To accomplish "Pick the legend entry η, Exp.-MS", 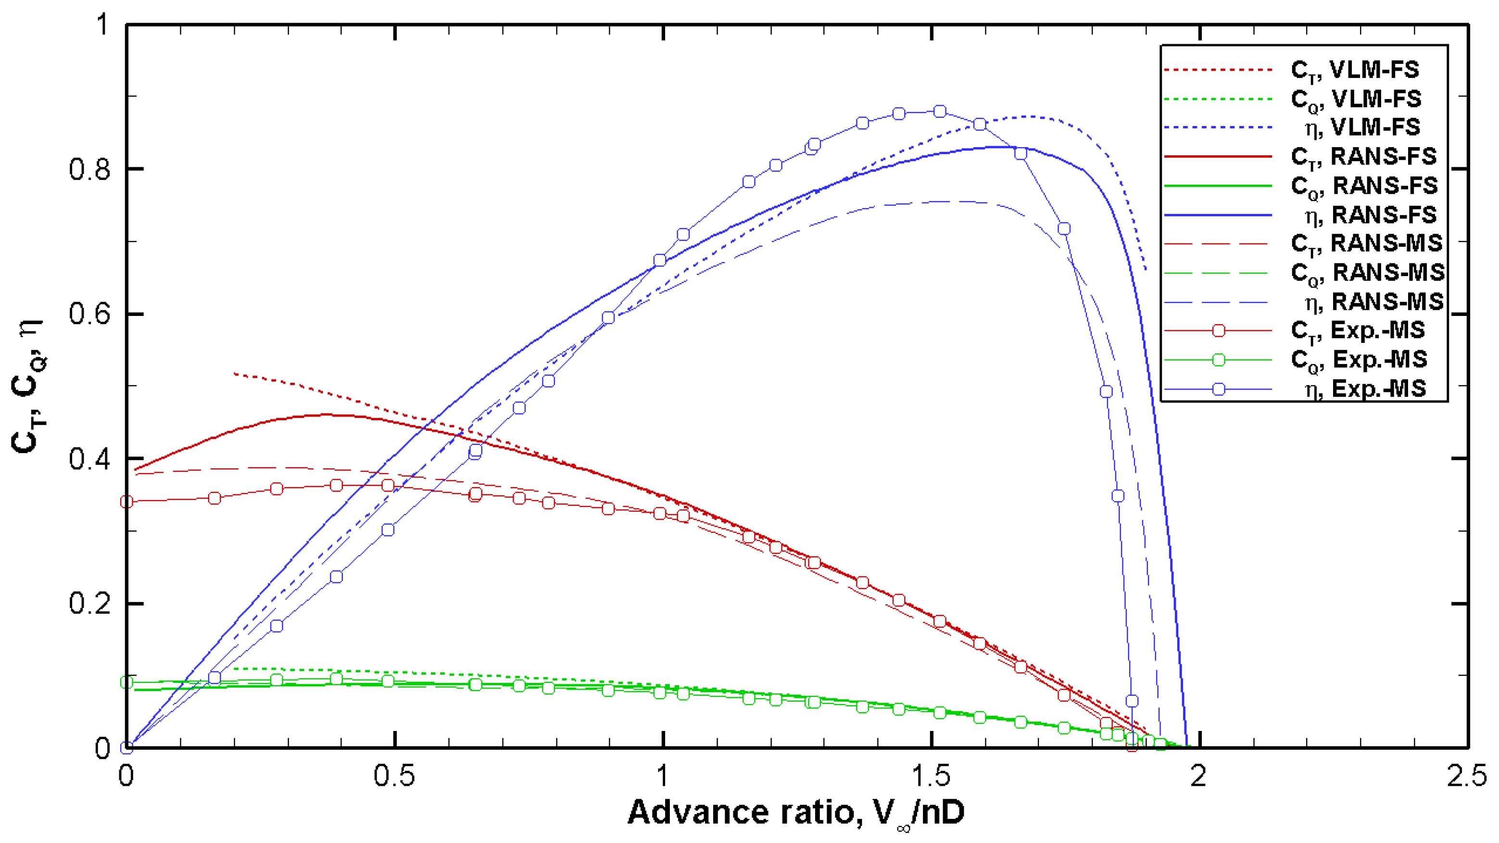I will [x=1364, y=389].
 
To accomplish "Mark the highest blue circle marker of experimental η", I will [x=940, y=111].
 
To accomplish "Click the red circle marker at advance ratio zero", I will [x=126, y=502].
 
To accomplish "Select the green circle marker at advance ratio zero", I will [x=126, y=682].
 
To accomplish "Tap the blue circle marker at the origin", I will [x=126, y=748].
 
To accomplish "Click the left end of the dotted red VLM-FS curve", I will [x=234, y=373].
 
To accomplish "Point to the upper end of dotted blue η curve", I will [x=1145, y=269].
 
